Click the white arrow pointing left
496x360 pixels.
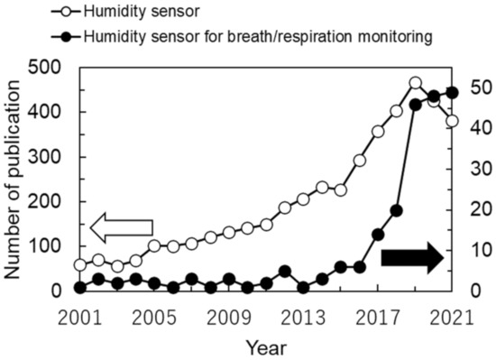coord(121,230)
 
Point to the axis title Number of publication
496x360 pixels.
coord(15,178)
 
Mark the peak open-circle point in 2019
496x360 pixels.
coord(415,83)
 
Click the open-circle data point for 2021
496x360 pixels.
coord(452,121)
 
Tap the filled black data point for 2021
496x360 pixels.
coord(452,92)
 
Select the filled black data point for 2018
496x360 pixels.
coord(396,210)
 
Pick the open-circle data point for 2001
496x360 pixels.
coord(80,265)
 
